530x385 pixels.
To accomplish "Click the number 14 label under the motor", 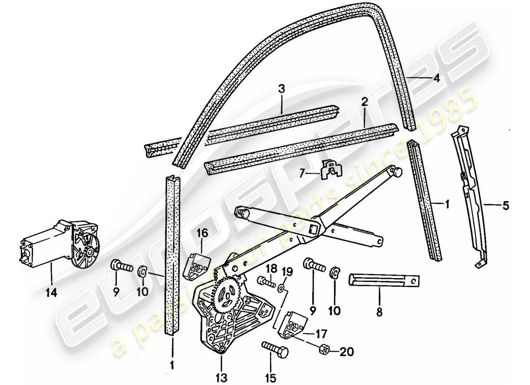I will pyautogui.click(x=52, y=293).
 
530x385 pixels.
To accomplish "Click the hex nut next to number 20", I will pyautogui.click(x=324, y=349).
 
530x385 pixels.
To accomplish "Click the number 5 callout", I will pyautogui.click(x=505, y=207).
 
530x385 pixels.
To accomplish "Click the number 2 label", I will pyautogui.click(x=365, y=102).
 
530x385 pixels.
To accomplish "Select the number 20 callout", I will pyautogui.click(x=346, y=352).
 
